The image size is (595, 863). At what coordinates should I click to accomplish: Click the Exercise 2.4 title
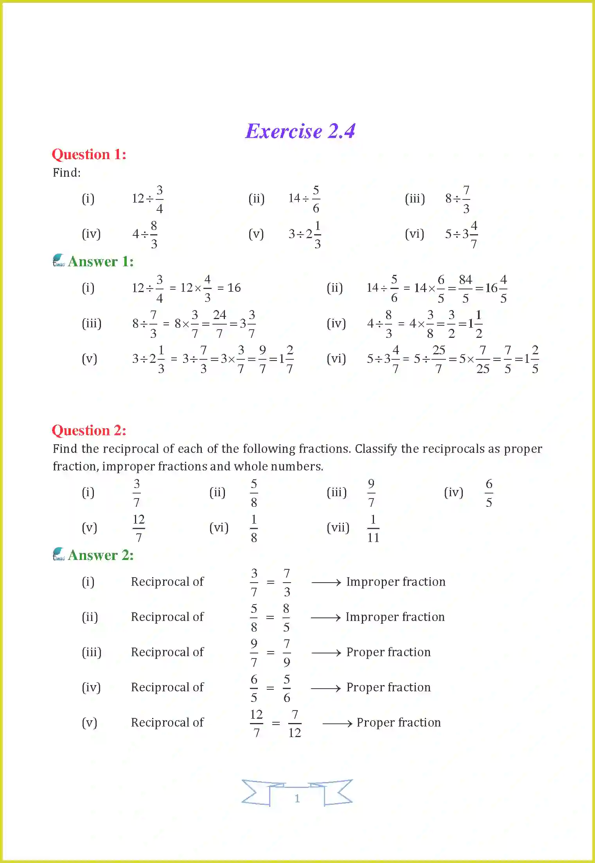[x=300, y=131]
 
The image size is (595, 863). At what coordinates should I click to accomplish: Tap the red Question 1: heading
[x=89, y=154]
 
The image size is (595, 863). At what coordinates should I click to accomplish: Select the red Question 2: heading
[x=89, y=431]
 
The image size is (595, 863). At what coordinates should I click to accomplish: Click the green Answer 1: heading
[x=101, y=262]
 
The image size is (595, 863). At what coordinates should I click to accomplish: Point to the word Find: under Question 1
[x=67, y=173]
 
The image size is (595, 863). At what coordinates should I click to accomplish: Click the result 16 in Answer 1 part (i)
[x=234, y=288]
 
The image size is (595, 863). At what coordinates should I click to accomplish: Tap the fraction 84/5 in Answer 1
[x=465, y=289]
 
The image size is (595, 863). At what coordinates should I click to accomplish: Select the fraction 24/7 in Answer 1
[x=219, y=324]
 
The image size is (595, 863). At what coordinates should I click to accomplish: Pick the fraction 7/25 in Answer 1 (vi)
[x=483, y=359]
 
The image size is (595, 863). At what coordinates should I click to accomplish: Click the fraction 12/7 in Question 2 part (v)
[x=138, y=528]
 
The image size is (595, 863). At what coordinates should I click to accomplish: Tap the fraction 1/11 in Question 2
[x=373, y=528]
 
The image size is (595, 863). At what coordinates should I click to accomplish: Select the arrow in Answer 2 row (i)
[x=326, y=583]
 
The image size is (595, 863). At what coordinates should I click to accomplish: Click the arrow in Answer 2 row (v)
[x=337, y=723]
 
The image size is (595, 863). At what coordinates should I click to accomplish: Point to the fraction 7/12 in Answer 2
[x=295, y=723]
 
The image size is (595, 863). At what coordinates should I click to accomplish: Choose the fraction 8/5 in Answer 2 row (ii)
[x=286, y=618]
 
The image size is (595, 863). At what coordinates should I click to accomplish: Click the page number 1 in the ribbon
[x=297, y=798]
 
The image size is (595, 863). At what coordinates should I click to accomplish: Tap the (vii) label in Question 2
[x=338, y=528]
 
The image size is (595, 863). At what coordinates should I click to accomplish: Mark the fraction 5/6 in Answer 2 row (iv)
[x=287, y=688]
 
